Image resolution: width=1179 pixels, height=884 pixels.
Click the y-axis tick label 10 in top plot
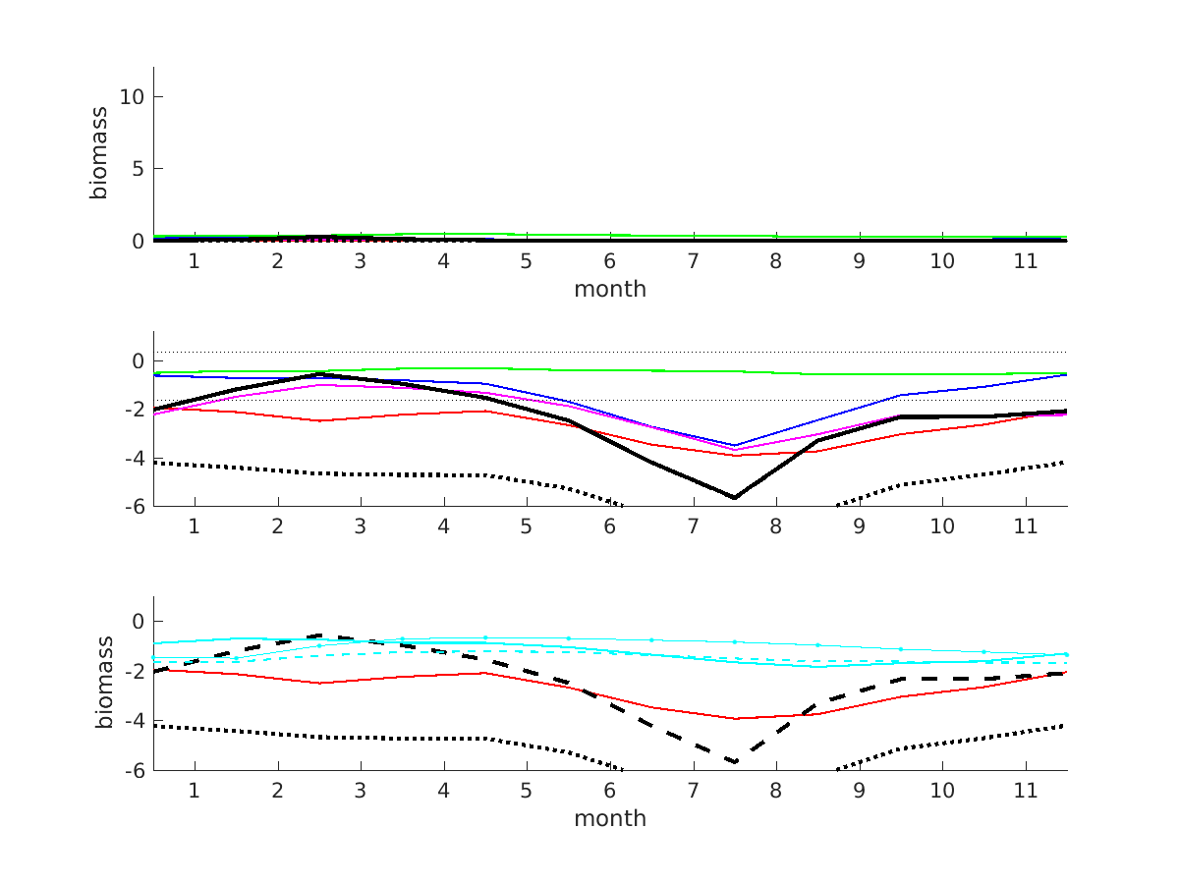(x=130, y=96)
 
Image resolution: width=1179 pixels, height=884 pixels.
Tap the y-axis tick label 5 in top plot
(x=137, y=169)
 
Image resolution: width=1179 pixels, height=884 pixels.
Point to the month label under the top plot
(x=610, y=290)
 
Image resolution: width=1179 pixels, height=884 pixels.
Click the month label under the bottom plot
(x=610, y=818)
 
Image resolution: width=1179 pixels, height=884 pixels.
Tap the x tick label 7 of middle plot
(x=693, y=526)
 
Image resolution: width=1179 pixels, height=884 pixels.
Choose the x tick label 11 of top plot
(x=1026, y=262)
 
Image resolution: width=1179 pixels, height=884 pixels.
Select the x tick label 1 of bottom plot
(x=194, y=791)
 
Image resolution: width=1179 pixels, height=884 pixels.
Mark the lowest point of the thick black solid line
(x=734, y=498)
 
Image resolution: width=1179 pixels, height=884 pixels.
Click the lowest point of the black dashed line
(x=734, y=761)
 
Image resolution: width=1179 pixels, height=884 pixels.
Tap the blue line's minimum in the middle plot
(x=734, y=445)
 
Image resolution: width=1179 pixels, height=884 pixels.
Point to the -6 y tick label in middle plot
(x=133, y=506)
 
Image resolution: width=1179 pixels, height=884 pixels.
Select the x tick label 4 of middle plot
(x=443, y=526)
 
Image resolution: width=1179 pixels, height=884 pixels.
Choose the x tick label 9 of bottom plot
(x=859, y=791)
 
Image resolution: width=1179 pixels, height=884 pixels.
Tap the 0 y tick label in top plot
(x=137, y=241)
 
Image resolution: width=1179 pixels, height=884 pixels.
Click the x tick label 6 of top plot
(x=610, y=262)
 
